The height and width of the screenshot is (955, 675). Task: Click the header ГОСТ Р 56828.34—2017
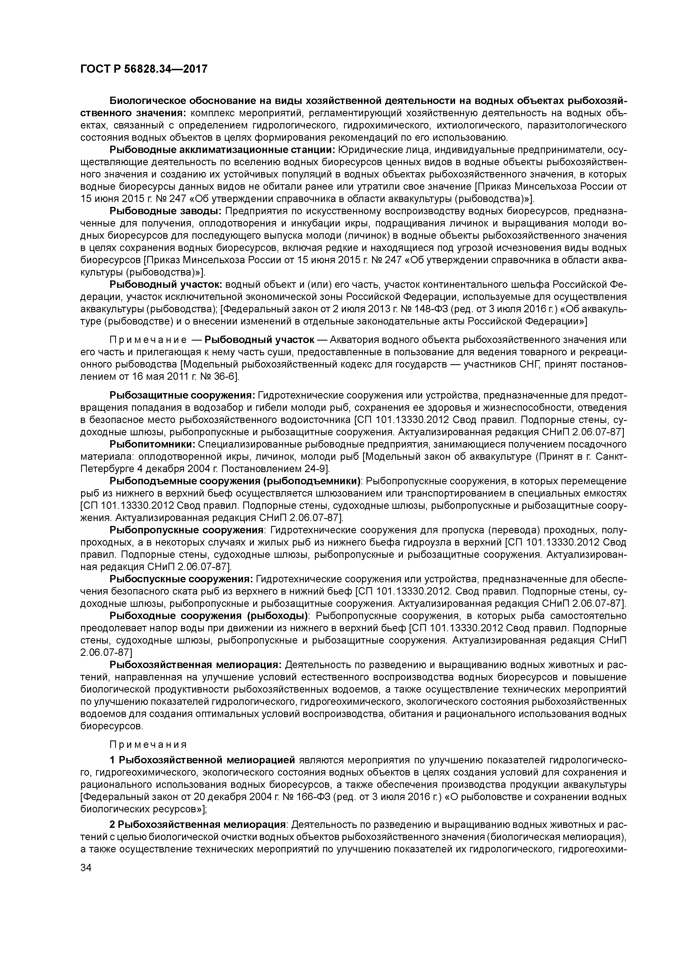coord(143,69)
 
